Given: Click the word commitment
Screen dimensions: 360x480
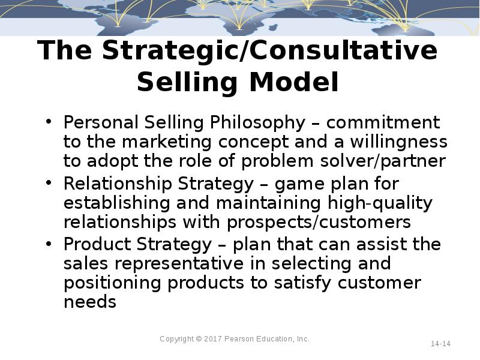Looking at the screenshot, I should tap(384, 123).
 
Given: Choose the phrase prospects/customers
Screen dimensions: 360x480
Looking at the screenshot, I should tap(319, 223).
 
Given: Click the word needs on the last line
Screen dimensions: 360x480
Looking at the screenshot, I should tap(89, 302).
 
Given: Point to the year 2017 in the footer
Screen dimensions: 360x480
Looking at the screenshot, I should tap(213, 340).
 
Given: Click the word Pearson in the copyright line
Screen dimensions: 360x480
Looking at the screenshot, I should tap(239, 340).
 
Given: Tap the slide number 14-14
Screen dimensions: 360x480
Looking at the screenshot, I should tap(440, 344).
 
